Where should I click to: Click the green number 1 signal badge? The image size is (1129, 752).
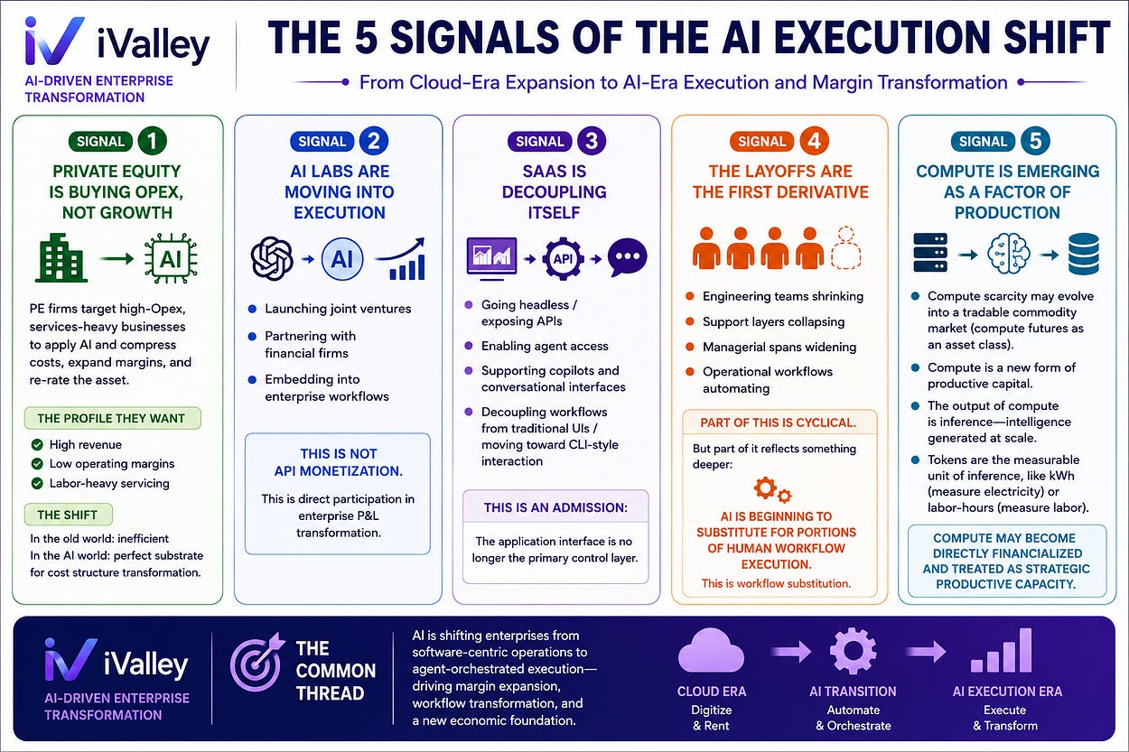pos(153,141)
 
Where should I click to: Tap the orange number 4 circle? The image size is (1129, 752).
pos(814,141)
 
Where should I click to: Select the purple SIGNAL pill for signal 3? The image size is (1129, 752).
pos(539,142)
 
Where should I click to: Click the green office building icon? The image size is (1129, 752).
pos(61,257)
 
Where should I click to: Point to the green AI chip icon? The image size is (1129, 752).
pos(171,258)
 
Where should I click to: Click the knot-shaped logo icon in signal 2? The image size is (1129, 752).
pos(272,258)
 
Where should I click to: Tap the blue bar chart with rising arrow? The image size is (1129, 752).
pos(402,258)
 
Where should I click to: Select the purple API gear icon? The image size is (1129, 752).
pos(563,259)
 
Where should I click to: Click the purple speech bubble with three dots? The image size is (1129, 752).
pos(627,257)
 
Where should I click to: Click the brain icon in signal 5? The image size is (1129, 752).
pos(1008,255)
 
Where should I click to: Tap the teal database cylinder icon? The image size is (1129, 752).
pos(1084,254)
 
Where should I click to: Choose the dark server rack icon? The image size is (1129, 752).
pos(930,253)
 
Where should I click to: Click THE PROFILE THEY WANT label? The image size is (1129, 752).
pos(112,418)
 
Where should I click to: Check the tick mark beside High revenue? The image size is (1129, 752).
pos(37,444)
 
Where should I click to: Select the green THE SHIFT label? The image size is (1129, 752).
pos(68,515)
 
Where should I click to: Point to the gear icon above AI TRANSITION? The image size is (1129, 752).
pos(853,651)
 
